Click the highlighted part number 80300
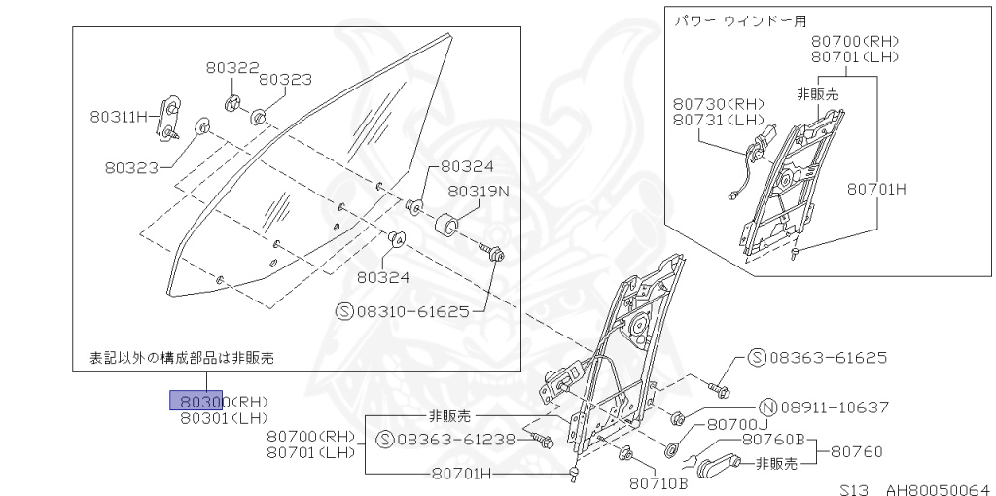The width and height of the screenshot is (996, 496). pyautogui.click(x=199, y=401)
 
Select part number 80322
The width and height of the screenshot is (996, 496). pyautogui.click(x=231, y=67)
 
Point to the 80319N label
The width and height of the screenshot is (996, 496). pyautogui.click(x=478, y=191)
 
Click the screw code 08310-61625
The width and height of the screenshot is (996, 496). pyautogui.click(x=414, y=311)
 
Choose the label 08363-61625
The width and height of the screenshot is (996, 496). pyautogui.click(x=828, y=357)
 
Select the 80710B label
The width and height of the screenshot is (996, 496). pyautogui.click(x=658, y=479)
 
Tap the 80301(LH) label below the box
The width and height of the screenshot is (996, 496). pyautogui.click(x=224, y=419)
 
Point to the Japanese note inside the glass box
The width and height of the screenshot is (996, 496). pyautogui.click(x=182, y=357)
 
